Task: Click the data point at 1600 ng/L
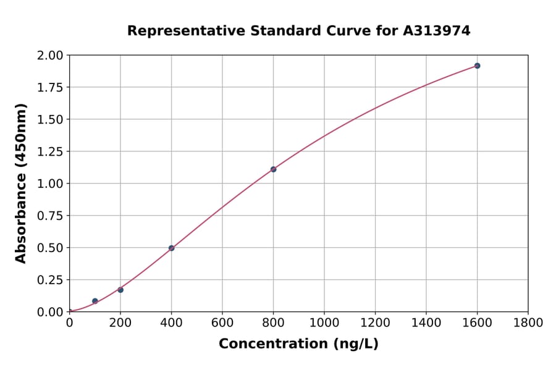coord(477,65)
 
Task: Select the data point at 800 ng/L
coord(273,169)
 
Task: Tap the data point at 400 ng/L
coord(171,248)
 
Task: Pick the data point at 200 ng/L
coord(120,290)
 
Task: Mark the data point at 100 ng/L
coord(95,301)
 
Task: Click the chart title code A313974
coord(437,30)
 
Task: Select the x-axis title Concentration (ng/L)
coord(298,344)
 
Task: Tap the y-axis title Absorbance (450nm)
coord(21,183)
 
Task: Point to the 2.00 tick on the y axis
coord(49,56)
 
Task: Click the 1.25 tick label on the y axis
coord(49,151)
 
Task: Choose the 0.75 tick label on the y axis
coord(49,216)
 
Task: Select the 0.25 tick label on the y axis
coord(49,280)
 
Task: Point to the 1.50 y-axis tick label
coord(49,119)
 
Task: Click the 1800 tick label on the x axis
coord(528,323)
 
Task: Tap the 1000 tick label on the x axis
coord(324,323)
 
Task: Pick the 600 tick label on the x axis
coord(222,323)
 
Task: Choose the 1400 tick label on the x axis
coord(426,323)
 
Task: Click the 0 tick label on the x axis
coord(69,323)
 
